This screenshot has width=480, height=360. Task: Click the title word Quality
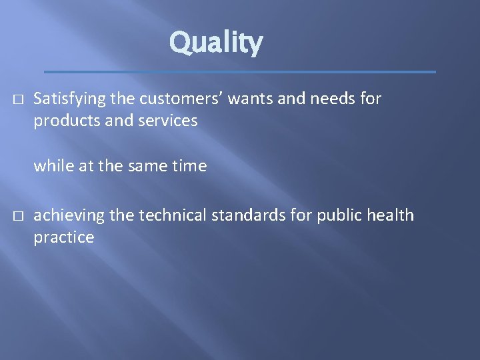tap(216, 43)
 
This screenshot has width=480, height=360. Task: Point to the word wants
tap(250, 99)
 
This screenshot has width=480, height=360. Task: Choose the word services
tap(166, 121)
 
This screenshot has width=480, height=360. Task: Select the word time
tap(191, 165)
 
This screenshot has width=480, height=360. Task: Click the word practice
tap(64, 237)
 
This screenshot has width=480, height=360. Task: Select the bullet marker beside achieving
tap(17, 216)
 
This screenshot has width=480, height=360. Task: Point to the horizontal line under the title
tap(239, 71)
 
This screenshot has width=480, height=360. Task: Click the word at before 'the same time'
tap(87, 166)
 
